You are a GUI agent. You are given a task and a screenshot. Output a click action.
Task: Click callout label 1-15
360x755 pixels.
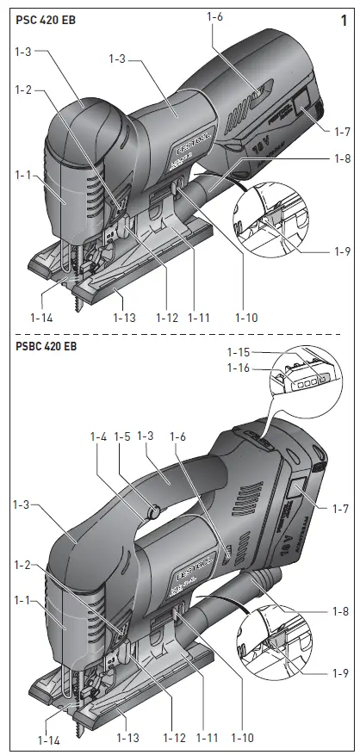240,352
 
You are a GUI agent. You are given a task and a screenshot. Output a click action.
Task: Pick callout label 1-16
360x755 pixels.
240,368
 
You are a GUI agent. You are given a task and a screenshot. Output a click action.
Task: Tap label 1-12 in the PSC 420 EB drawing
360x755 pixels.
167,318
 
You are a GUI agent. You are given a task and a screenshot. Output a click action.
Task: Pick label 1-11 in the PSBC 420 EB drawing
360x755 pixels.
208,739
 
